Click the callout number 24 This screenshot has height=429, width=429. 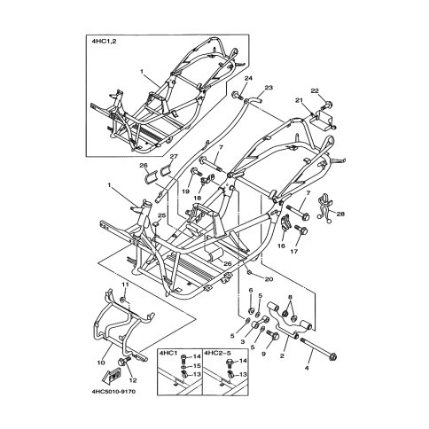pos(248,78)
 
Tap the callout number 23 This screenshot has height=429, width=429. pos(269,88)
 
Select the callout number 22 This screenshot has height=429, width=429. pos(315,90)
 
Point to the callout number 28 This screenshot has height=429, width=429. pos(340,214)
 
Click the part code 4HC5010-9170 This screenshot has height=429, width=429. pos(113,392)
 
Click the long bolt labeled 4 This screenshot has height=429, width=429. pos(318,349)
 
